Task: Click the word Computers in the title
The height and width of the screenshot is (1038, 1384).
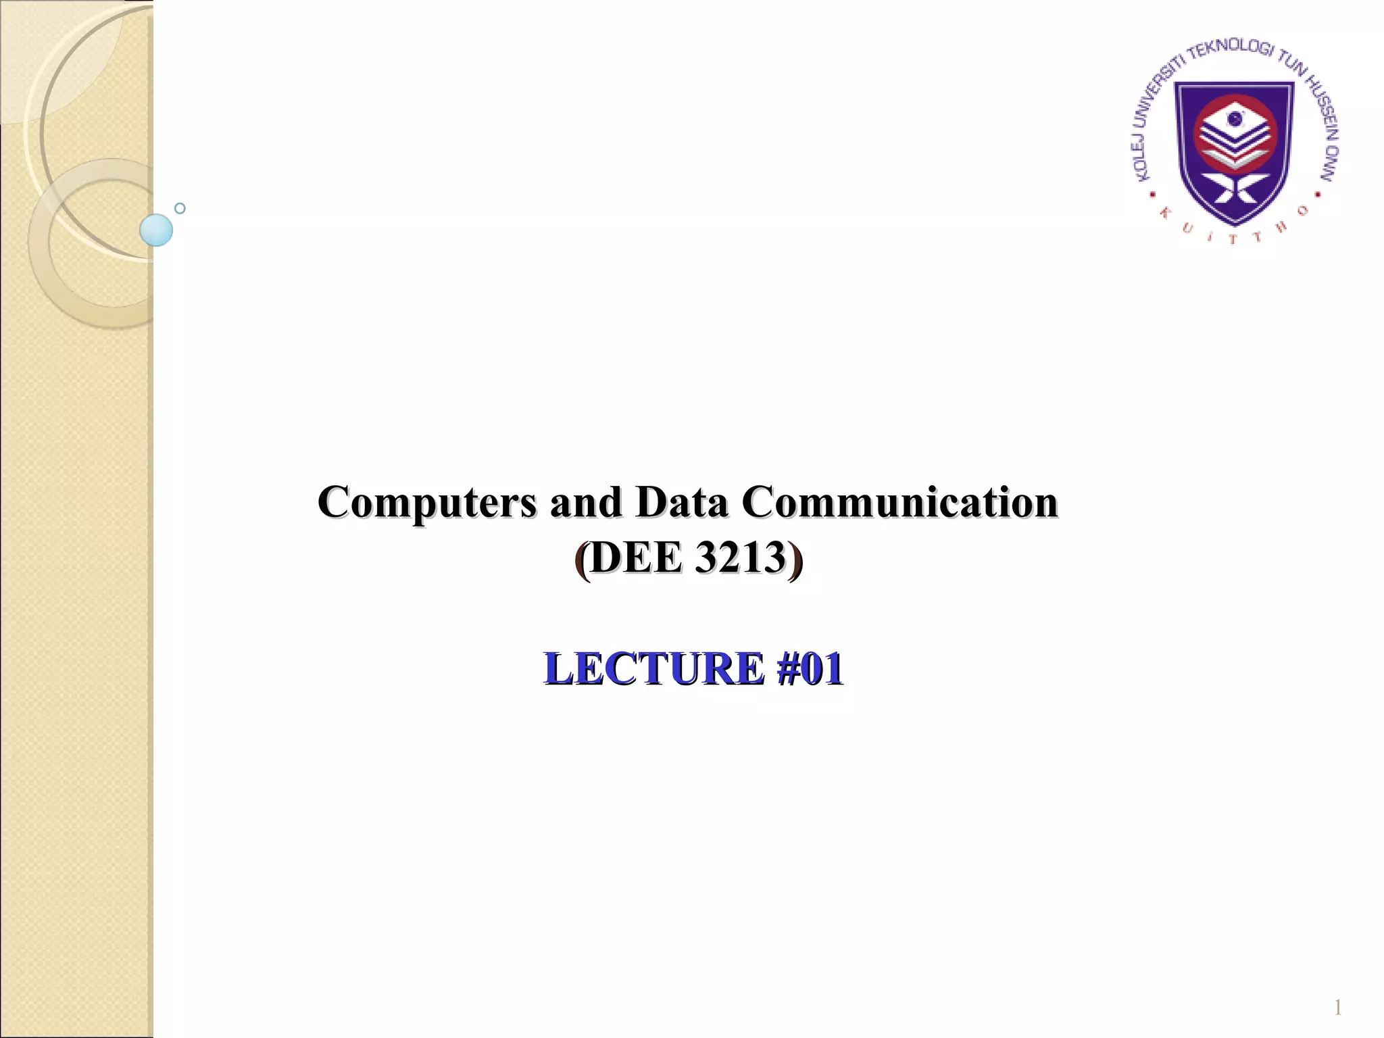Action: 427,503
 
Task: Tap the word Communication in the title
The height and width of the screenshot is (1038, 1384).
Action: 899,503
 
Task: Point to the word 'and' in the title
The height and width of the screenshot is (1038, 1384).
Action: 585,503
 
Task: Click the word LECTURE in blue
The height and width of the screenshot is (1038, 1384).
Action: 653,668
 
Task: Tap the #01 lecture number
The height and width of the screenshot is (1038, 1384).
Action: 810,668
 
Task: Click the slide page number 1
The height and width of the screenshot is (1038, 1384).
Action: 1337,1009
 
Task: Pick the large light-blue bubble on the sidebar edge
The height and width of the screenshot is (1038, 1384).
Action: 156,230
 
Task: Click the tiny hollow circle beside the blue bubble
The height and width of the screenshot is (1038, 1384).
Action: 180,208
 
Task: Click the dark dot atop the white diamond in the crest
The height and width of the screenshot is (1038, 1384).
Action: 1235,120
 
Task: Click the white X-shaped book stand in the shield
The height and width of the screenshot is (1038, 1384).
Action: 1235,190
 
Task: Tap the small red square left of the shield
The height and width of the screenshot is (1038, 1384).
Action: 1153,195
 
